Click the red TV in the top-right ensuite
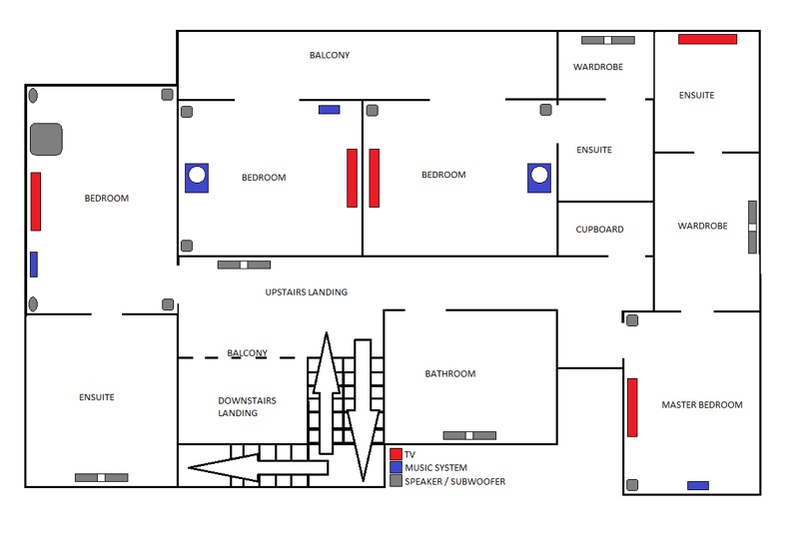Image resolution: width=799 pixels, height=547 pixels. click(707, 39)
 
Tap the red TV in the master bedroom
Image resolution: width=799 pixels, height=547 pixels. click(632, 407)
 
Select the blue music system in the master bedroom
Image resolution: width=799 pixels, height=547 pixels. click(698, 485)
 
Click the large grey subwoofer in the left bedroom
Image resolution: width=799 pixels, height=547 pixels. click(46, 139)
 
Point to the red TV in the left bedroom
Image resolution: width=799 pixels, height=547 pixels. click(36, 201)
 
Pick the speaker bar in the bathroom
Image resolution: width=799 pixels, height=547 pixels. click(469, 435)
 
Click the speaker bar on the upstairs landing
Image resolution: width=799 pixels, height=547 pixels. click(244, 265)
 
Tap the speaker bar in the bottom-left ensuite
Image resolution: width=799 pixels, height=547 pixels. click(101, 477)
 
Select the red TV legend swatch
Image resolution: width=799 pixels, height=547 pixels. click(396, 454)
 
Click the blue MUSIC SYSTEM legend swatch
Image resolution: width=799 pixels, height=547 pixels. click(396, 467)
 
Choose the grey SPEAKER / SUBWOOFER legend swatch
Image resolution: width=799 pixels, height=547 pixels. click(396, 481)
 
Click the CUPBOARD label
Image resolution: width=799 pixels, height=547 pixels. click(599, 230)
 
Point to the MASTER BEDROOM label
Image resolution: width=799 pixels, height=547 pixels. click(702, 405)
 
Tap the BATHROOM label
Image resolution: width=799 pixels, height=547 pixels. click(450, 374)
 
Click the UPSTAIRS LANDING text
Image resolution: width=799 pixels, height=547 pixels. click(307, 292)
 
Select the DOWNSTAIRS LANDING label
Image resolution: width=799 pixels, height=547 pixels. click(247, 407)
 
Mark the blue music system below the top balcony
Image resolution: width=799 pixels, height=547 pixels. click(329, 109)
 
